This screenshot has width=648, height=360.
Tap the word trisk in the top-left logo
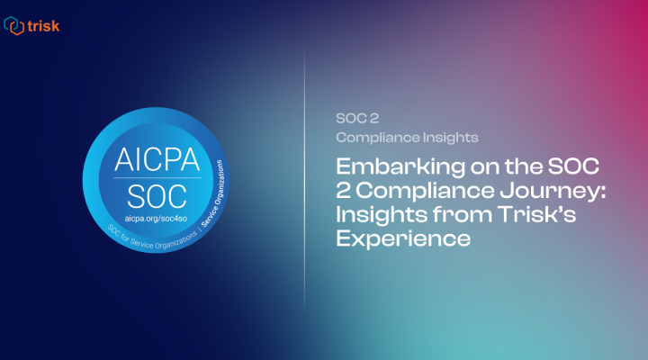[x=43, y=26]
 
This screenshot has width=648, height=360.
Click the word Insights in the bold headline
[x=373, y=215]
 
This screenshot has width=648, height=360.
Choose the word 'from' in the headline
[x=443, y=215]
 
